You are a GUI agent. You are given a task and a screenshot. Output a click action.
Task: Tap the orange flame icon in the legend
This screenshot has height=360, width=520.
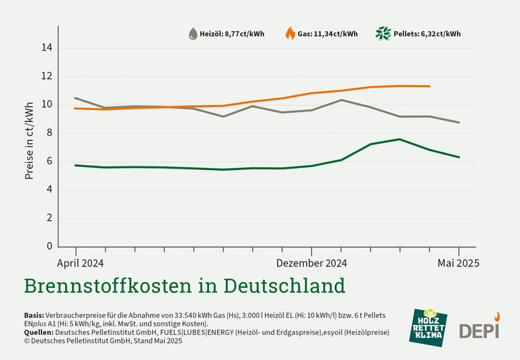(x=290, y=33)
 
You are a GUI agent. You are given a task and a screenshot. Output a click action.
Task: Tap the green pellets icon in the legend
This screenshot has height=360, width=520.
(x=384, y=33)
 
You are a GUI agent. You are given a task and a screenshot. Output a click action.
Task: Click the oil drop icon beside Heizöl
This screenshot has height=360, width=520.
(x=193, y=34)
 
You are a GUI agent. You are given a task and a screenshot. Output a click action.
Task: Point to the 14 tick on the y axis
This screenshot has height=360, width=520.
(x=46, y=48)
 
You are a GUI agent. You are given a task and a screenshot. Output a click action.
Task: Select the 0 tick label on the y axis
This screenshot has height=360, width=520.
(x=49, y=246)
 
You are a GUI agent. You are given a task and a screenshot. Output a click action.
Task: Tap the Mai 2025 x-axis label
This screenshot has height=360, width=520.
(x=458, y=262)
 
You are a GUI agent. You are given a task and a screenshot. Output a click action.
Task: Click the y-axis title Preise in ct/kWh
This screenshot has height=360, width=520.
(x=29, y=141)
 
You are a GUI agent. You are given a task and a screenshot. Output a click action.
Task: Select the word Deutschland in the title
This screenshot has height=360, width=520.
(x=284, y=286)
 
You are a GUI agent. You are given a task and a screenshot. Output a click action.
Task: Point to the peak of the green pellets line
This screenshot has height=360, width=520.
(x=399, y=139)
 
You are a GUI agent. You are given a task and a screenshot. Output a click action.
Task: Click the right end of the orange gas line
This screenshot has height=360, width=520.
(x=429, y=86)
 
